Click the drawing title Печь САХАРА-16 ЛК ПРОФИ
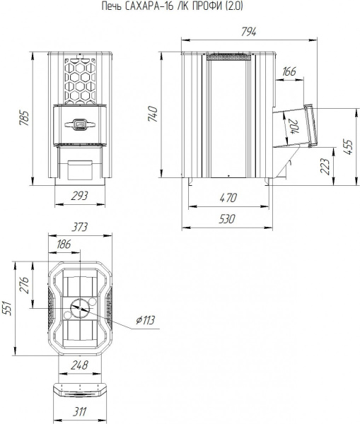pyautogui.click(x=163, y=6)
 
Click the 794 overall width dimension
pyautogui.click(x=248, y=32)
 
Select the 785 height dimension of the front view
pyautogui.click(x=23, y=118)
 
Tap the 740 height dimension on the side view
pyautogui.click(x=153, y=114)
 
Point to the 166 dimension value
pyautogui.click(x=289, y=71)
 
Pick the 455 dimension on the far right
pyautogui.click(x=348, y=147)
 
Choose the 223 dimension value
pyautogui.click(x=325, y=166)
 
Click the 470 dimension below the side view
pyautogui.click(x=228, y=198)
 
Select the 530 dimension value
pyautogui.click(x=227, y=219)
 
